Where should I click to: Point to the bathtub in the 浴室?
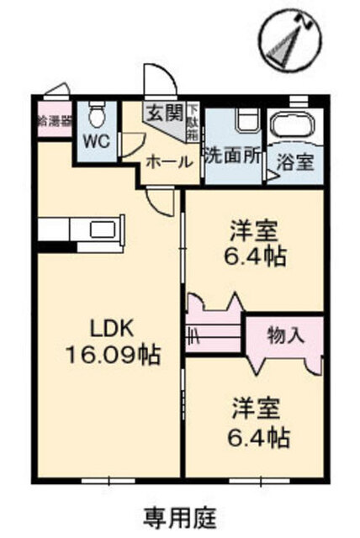[x=294, y=128]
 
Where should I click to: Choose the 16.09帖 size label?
[x=109, y=355]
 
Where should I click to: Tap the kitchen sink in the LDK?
[x=103, y=229]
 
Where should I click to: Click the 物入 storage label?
[x=285, y=335]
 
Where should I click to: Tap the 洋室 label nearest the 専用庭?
[x=256, y=412]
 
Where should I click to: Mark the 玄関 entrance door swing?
[x=159, y=84]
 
